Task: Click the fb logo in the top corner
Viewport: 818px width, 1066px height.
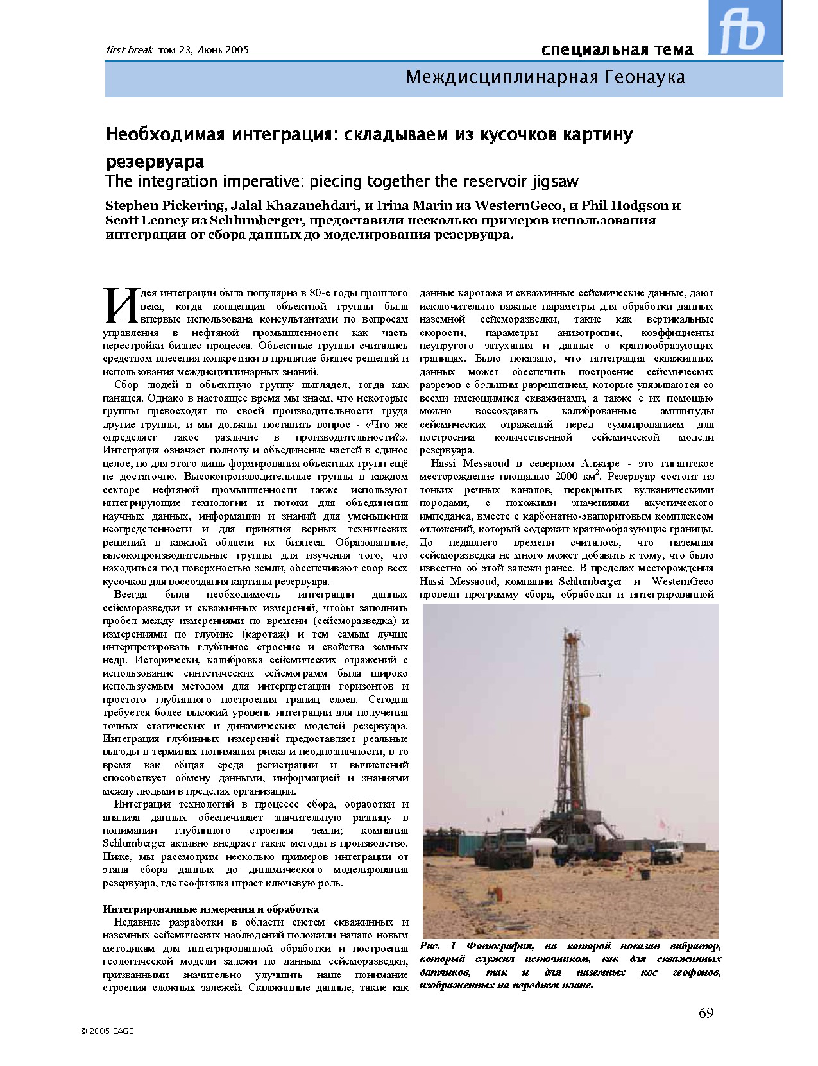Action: (744, 28)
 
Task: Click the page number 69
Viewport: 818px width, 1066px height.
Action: (706, 1013)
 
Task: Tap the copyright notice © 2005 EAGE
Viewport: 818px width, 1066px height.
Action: (107, 1031)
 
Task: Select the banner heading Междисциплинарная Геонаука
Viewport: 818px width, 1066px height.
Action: (545, 78)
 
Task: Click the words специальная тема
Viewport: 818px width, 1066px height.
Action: (617, 49)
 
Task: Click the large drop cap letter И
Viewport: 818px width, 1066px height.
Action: (119, 305)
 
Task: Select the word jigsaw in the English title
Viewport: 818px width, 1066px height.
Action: (554, 182)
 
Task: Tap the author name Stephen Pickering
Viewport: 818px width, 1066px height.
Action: (165, 206)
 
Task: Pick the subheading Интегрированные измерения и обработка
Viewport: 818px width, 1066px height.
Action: (210, 909)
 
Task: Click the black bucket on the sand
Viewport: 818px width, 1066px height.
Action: (645, 874)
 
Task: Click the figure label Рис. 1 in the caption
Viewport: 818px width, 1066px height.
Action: (438, 946)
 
